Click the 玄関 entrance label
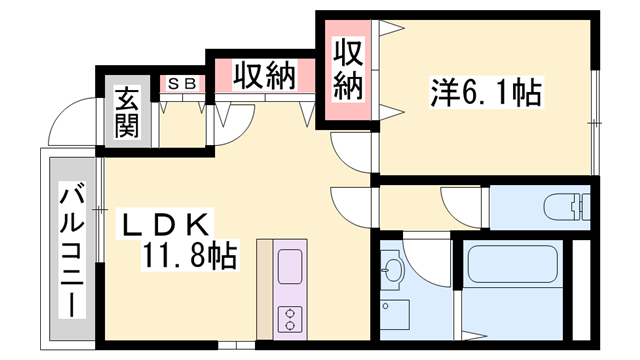[126, 113]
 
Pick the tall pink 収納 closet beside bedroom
[346, 69]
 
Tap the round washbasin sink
[393, 267]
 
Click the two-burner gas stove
[290, 319]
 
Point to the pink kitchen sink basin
[290, 268]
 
